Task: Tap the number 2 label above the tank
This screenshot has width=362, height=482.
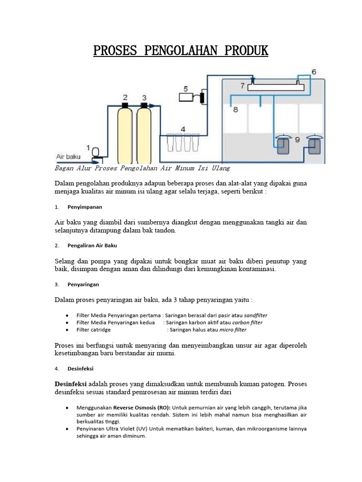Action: pyautogui.click(x=125, y=97)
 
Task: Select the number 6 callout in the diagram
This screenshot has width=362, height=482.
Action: pyautogui.click(x=314, y=72)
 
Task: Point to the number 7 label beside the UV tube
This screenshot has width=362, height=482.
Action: pyautogui.click(x=242, y=86)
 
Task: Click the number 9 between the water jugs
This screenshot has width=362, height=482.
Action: pyautogui.click(x=297, y=140)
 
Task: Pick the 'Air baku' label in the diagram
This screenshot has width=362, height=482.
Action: pyautogui.click(x=68, y=156)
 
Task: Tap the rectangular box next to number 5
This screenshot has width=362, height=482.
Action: pyautogui.click(x=187, y=97)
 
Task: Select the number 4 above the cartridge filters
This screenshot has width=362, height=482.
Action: pyautogui.click(x=183, y=129)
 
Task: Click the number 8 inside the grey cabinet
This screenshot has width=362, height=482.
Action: pyautogui.click(x=235, y=109)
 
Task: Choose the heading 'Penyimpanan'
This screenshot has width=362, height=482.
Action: pyautogui.click(x=85, y=207)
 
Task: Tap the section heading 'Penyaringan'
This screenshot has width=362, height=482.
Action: pyautogui.click(x=83, y=284)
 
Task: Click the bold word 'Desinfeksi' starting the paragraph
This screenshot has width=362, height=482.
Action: pyautogui.click(x=71, y=384)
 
